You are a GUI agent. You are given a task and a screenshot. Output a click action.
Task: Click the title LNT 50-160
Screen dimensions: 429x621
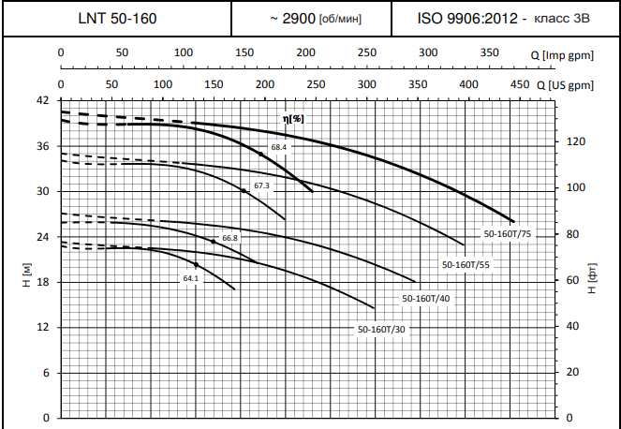click(117, 19)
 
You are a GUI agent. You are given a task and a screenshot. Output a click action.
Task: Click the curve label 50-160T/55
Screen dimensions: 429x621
click(466, 265)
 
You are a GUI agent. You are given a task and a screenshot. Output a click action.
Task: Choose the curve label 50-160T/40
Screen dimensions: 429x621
click(425, 298)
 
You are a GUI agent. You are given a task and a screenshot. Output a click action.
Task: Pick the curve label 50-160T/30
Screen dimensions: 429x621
click(381, 330)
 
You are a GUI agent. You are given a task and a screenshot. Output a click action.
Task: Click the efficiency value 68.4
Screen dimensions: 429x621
click(278, 148)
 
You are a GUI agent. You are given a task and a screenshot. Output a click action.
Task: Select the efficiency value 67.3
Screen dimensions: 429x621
click(261, 185)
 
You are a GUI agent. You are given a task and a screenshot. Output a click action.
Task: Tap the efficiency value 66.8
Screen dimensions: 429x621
click(229, 238)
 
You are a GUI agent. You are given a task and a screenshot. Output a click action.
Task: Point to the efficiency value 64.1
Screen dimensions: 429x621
click(191, 278)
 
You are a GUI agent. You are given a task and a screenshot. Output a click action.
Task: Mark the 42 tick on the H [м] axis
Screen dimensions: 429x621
click(42, 100)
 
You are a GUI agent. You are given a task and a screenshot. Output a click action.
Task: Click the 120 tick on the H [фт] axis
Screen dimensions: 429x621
click(578, 141)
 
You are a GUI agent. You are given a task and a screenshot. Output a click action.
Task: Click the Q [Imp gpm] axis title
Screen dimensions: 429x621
click(569, 55)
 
